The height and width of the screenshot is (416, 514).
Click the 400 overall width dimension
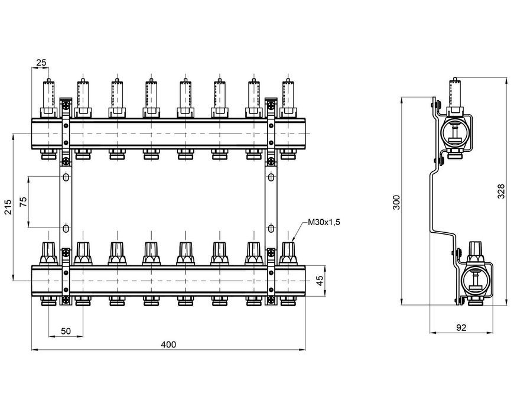[x=168, y=344]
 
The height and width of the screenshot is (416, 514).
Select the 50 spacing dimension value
[x=66, y=331]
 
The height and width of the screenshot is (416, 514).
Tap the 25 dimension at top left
[x=41, y=62]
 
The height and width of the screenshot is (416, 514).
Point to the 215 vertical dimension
[x=8, y=207]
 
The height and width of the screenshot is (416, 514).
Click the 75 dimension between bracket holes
[x=23, y=202]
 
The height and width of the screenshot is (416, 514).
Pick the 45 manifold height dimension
[x=320, y=280]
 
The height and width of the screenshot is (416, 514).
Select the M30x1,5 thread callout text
[x=324, y=222]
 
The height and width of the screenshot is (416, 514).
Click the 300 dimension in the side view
[x=396, y=203]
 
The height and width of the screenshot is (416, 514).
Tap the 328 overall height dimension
[x=501, y=191]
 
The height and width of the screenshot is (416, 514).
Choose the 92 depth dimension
[x=461, y=327]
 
